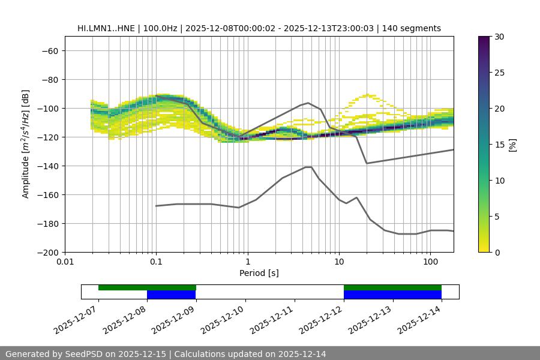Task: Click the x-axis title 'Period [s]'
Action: point(259,273)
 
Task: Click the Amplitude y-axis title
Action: point(26,144)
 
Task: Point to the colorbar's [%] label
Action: point(512,144)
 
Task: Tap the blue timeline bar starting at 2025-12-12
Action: point(392,295)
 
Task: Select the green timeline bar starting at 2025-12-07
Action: point(147,287)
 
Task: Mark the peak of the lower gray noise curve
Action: point(308,167)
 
